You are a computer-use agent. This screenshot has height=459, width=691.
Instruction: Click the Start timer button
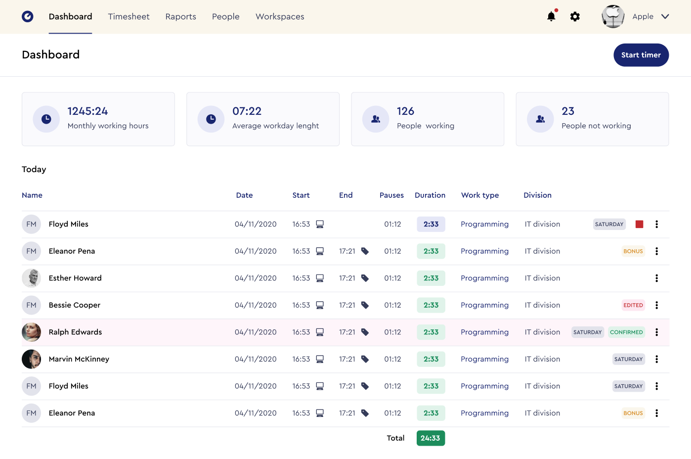(641, 55)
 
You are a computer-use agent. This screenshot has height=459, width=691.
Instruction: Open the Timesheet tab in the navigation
(129, 16)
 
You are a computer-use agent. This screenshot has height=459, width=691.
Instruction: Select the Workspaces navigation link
(280, 16)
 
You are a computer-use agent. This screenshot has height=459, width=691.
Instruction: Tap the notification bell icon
(551, 16)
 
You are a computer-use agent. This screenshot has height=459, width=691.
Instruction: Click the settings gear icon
(575, 16)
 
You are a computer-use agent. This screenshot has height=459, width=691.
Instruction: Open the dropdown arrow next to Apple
(665, 16)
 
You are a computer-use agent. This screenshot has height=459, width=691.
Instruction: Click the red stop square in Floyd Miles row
(639, 224)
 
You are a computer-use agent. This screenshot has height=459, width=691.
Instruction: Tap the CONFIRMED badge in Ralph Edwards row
(626, 332)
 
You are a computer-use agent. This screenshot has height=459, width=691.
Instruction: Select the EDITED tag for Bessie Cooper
(633, 305)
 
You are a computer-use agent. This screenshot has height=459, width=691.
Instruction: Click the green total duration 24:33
(431, 438)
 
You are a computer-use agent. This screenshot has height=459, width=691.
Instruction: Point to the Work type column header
(480, 195)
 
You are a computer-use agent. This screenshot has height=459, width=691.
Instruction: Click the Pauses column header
(391, 195)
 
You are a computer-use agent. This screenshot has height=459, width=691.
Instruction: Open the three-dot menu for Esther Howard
(656, 278)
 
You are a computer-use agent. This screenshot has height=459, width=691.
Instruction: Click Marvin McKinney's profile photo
(31, 359)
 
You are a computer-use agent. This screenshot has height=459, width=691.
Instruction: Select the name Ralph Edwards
(75, 332)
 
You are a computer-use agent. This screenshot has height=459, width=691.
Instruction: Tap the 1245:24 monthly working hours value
(87, 111)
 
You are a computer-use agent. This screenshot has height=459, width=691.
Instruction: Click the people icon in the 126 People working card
(376, 119)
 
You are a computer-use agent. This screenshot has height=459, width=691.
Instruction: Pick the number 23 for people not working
(568, 111)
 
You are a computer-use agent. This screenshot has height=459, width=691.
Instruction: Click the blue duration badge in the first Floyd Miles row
(431, 224)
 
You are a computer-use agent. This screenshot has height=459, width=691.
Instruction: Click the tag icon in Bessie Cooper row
(365, 305)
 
